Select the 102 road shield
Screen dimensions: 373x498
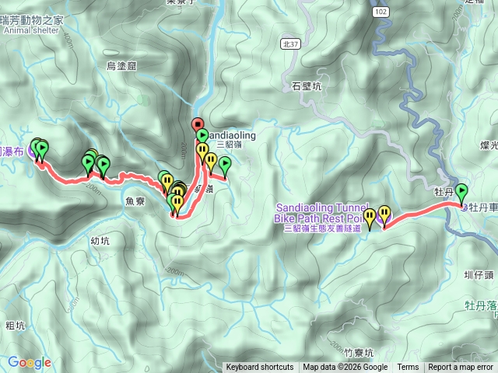click(x=381, y=12)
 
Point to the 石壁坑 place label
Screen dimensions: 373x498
click(x=305, y=86)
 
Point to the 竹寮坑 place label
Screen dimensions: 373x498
click(x=347, y=351)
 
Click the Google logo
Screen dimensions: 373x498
click(x=30, y=362)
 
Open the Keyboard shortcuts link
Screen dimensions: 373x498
click(x=260, y=368)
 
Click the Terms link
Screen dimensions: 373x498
click(x=408, y=368)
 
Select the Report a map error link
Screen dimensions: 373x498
click(x=460, y=368)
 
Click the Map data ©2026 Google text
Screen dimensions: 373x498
click(x=345, y=368)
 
